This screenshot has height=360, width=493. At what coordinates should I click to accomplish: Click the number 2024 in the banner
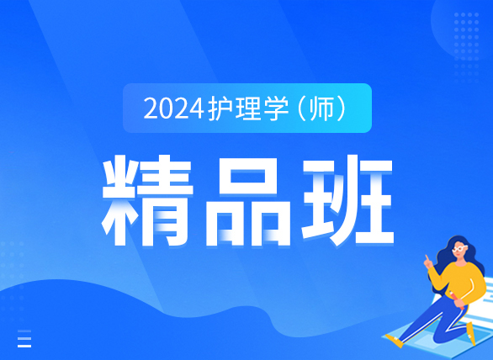[x=173, y=109]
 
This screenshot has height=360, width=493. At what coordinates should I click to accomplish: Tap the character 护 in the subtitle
[x=220, y=109]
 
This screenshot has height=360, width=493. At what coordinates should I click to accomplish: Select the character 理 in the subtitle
[x=248, y=109]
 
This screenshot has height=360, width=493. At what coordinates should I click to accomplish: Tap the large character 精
[x=147, y=200]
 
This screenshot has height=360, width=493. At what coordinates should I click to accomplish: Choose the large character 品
[x=247, y=201]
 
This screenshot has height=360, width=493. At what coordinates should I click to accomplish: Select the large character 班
[x=347, y=200]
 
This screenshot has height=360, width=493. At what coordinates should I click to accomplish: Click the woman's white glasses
[x=459, y=249]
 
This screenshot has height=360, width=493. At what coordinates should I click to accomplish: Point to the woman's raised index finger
[x=427, y=258]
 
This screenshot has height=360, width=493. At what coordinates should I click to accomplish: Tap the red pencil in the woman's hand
[x=457, y=299]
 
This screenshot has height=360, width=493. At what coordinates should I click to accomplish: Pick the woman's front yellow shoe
[x=395, y=341]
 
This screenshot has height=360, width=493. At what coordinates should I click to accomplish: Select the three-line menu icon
[x=24, y=339]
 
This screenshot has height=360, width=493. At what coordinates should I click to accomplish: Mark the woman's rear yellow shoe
[x=470, y=334]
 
